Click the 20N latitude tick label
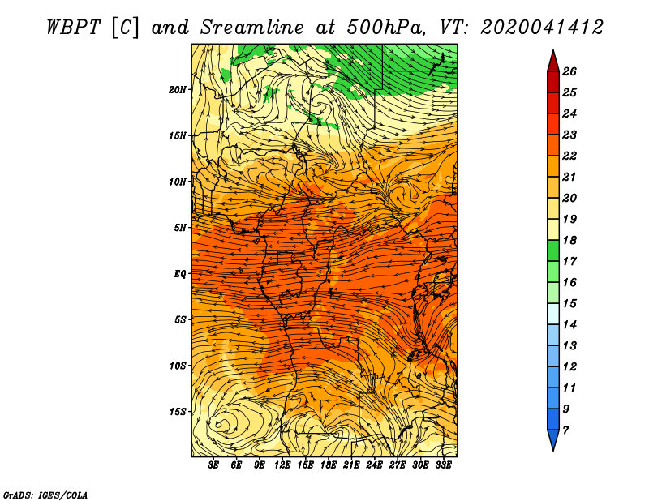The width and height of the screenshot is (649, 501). pos(178,90)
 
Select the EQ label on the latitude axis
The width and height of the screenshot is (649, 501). pos(179,274)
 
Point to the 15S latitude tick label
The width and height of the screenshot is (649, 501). pos(178,412)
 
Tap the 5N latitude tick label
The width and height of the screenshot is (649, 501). pos(180,228)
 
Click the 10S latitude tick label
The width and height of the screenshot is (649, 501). pos(178,366)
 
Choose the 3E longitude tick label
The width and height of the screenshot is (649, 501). pos(213,465)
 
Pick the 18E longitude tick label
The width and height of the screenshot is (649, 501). pos(329,465)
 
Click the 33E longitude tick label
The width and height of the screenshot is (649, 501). pos(443,465)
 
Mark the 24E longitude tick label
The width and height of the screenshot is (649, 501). pos(374,465)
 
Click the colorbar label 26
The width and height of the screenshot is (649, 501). pos(569,71)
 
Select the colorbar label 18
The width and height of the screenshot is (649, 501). pos(569,240)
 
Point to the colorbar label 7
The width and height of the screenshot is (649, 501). pos(566,430)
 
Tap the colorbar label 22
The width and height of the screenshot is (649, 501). pos(569,156)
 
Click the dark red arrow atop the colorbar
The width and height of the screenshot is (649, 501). pos(553,61)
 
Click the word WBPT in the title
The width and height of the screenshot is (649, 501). pos(73,28)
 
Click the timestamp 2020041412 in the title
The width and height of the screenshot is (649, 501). pos(542,28)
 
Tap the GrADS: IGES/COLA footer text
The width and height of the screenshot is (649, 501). pos(45,495)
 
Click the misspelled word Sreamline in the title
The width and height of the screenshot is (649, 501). pos(252,28)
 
